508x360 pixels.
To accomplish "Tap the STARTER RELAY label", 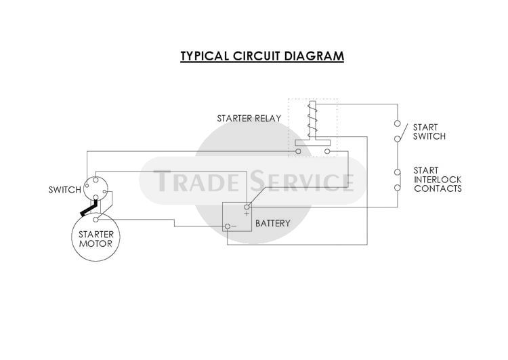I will point(249,119).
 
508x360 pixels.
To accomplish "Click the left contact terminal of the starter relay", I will point(299,151).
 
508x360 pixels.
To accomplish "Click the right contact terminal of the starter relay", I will point(327,151).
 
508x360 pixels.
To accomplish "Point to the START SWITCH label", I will point(429,132).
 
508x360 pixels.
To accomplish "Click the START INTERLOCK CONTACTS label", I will point(437,179).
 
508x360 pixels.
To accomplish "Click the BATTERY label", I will point(273,223).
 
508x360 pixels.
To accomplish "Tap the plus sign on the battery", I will point(247,214).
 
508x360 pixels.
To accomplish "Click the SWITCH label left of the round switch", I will point(64,190).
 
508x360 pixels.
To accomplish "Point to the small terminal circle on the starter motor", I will point(96,219).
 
